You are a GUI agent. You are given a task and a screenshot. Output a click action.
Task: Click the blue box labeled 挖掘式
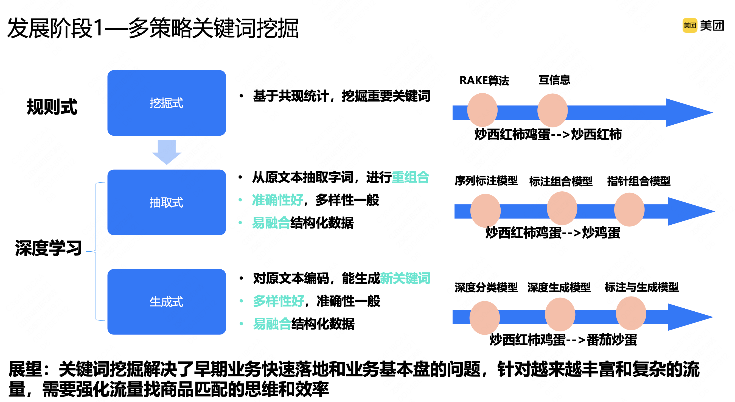click(167, 103)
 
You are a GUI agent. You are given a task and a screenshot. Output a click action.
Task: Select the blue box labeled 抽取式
click(167, 202)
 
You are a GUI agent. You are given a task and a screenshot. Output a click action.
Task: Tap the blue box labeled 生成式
click(167, 302)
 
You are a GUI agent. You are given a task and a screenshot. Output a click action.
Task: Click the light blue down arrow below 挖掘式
click(167, 152)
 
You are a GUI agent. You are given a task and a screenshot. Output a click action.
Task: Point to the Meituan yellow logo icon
click(690, 26)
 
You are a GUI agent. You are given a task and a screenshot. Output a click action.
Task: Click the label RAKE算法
click(484, 80)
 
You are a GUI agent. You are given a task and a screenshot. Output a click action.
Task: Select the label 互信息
click(554, 80)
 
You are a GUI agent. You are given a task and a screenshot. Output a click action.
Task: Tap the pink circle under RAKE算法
click(482, 110)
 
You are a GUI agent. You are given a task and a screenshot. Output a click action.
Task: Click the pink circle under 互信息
click(552, 110)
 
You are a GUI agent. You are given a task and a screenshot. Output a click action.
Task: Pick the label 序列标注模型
click(486, 181)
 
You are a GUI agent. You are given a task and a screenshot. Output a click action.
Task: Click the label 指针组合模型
click(639, 181)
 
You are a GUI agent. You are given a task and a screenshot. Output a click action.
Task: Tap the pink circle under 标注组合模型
click(562, 208)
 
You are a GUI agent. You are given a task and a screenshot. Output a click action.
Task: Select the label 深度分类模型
click(486, 287)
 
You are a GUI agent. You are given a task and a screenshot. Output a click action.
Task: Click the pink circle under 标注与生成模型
click(631, 313)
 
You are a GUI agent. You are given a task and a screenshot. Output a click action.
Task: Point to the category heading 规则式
click(52, 107)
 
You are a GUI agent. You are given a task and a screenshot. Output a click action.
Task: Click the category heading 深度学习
click(48, 248)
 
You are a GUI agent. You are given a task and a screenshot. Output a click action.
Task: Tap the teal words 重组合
click(411, 177)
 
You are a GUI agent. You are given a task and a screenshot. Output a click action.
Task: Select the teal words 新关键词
click(405, 278)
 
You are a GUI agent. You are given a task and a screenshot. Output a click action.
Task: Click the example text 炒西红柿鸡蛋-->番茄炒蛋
click(563, 340)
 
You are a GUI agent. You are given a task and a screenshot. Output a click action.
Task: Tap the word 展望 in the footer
click(26, 369)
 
